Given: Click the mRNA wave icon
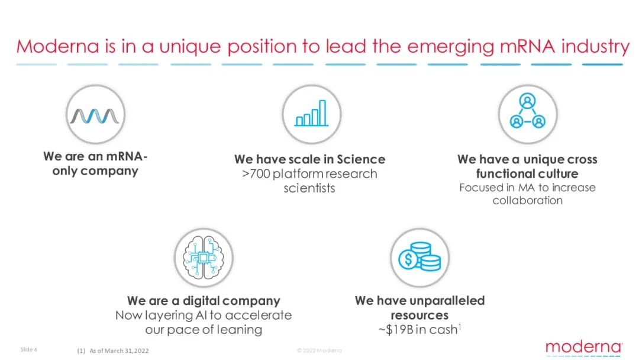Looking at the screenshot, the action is (x=95, y=116).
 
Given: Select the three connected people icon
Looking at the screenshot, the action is (x=527, y=111).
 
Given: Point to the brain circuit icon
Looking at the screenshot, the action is (x=204, y=257).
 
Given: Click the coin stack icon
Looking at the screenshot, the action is (x=419, y=256).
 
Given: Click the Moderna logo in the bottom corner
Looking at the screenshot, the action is (x=583, y=348).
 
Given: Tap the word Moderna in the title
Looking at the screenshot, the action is (x=57, y=46).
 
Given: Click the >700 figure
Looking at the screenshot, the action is (x=256, y=173).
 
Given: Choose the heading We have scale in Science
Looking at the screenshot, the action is (x=309, y=159).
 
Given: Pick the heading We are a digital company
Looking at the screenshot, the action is (x=204, y=301).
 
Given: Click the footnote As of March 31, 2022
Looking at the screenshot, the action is (x=119, y=351).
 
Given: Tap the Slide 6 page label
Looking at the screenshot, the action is (x=28, y=349).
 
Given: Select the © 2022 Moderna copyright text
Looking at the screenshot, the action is (x=319, y=350).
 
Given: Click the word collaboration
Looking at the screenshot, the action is (x=527, y=200).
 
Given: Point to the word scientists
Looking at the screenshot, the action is (x=309, y=188).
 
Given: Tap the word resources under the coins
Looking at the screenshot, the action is (x=419, y=315).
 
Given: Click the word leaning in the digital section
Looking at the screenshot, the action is (x=239, y=329).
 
